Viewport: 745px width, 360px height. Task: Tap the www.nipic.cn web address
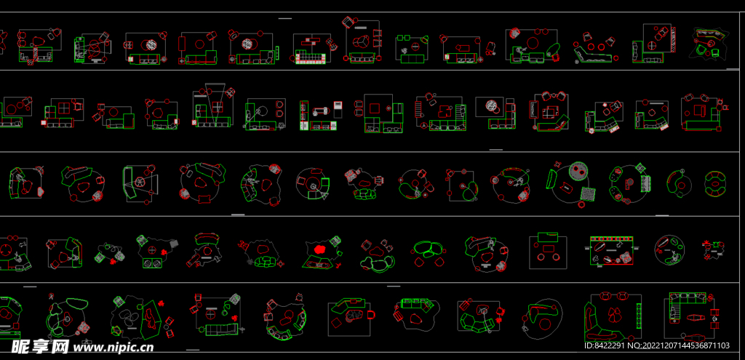point(113,348)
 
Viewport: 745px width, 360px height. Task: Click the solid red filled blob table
point(320,249)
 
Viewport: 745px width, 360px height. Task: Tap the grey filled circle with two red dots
point(578,169)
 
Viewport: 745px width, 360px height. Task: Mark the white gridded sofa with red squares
point(310,58)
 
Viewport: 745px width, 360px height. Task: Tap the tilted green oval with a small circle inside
point(552,49)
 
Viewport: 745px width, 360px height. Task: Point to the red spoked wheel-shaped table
point(140,181)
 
